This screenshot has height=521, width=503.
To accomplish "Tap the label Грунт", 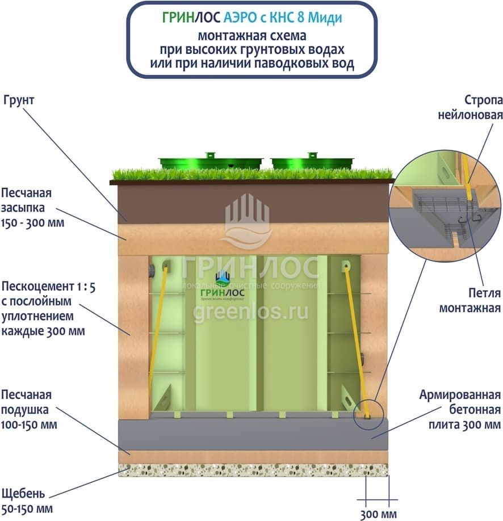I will click(19, 100).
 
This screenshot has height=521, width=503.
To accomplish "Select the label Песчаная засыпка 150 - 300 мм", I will click(33, 207).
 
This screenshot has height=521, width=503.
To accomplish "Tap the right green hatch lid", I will click(312, 162).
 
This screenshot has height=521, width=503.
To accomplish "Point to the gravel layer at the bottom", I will click(253, 469).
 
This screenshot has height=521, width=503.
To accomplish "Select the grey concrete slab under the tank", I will click(253, 434).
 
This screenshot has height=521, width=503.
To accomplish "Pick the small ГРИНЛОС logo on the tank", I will click(222, 284).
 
